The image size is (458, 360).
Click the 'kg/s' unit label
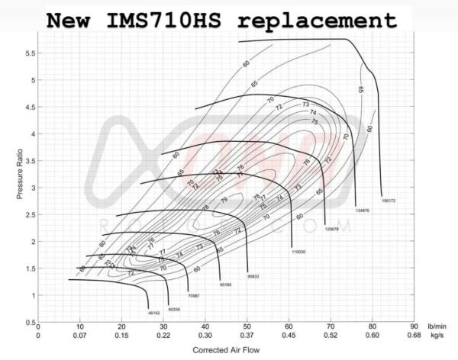pyautogui.click(x=437, y=335)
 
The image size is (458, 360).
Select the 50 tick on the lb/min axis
pyautogui.click(x=247, y=326)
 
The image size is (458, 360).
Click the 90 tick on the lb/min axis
pyautogui.click(x=414, y=326)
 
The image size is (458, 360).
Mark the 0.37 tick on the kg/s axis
pyautogui.click(x=247, y=335)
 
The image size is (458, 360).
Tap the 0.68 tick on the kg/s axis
pyautogui.click(x=414, y=335)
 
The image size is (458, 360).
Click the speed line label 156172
pyautogui.click(x=389, y=201)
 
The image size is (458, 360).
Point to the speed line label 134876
pyautogui.click(x=363, y=210)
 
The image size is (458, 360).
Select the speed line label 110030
pyautogui.click(x=298, y=251)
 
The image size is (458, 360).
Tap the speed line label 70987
pyautogui.click(x=194, y=295)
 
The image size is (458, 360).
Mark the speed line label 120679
pyautogui.click(x=331, y=228)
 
